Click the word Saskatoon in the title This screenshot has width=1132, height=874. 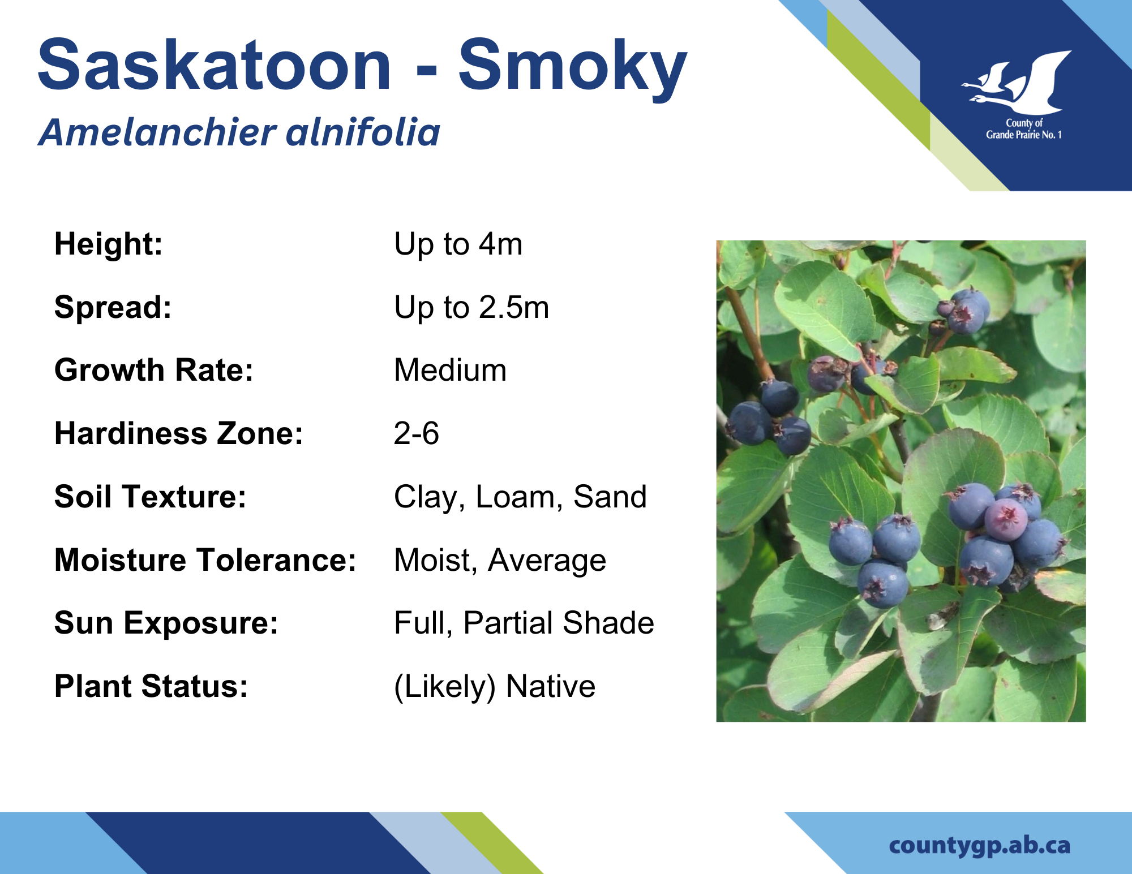tap(215, 64)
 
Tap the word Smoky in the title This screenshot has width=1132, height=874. tap(572, 69)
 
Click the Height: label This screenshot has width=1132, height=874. tap(109, 244)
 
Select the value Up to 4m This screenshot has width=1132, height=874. tap(458, 244)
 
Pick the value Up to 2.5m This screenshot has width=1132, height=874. tap(471, 308)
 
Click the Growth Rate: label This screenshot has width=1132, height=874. tap(154, 370)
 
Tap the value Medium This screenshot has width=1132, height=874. tap(450, 370)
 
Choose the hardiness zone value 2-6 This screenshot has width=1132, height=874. tap(416, 433)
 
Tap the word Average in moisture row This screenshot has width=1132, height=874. tap(547, 561)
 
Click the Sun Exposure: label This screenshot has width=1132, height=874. tap(166, 623)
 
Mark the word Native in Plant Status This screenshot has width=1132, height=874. tap(550, 686)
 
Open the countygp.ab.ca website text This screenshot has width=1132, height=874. tap(980, 846)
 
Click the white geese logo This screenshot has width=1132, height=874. tap(1017, 83)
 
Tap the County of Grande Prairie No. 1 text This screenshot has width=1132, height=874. tap(1024, 129)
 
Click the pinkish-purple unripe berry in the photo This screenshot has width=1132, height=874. tap(1006, 519)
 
